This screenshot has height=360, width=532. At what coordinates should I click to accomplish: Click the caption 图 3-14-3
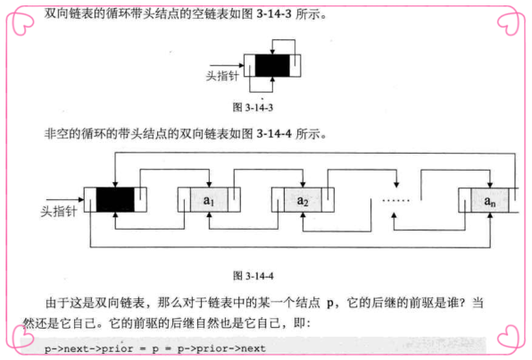point(253,108)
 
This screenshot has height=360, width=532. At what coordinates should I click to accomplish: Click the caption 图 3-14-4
point(254,275)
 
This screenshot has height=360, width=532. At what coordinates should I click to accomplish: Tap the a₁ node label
point(209,201)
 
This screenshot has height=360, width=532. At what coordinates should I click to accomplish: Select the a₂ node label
point(303,201)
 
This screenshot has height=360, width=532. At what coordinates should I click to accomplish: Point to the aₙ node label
point(490,201)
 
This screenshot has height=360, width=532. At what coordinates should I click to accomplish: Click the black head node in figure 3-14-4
point(115,200)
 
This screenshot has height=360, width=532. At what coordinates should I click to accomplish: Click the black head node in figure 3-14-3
point(272,65)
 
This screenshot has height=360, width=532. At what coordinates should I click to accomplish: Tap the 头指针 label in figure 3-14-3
point(222,76)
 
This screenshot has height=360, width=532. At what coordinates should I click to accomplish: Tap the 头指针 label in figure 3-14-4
point(59,211)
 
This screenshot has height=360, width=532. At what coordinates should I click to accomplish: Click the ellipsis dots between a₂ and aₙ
point(395,200)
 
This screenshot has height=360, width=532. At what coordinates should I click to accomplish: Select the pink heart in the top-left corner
point(21,22)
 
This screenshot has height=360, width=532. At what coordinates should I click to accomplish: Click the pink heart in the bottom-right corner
point(510,337)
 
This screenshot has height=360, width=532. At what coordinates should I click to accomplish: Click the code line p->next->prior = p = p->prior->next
point(155,348)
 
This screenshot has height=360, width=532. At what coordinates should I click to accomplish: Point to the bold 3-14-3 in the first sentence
point(274,14)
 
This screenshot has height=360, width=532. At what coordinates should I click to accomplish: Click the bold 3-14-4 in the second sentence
point(274,134)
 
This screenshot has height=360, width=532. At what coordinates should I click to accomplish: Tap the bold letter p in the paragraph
point(330,304)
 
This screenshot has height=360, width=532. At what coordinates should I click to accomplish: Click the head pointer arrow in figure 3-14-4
point(65,200)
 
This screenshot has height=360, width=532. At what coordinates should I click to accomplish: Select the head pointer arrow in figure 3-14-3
point(227,65)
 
